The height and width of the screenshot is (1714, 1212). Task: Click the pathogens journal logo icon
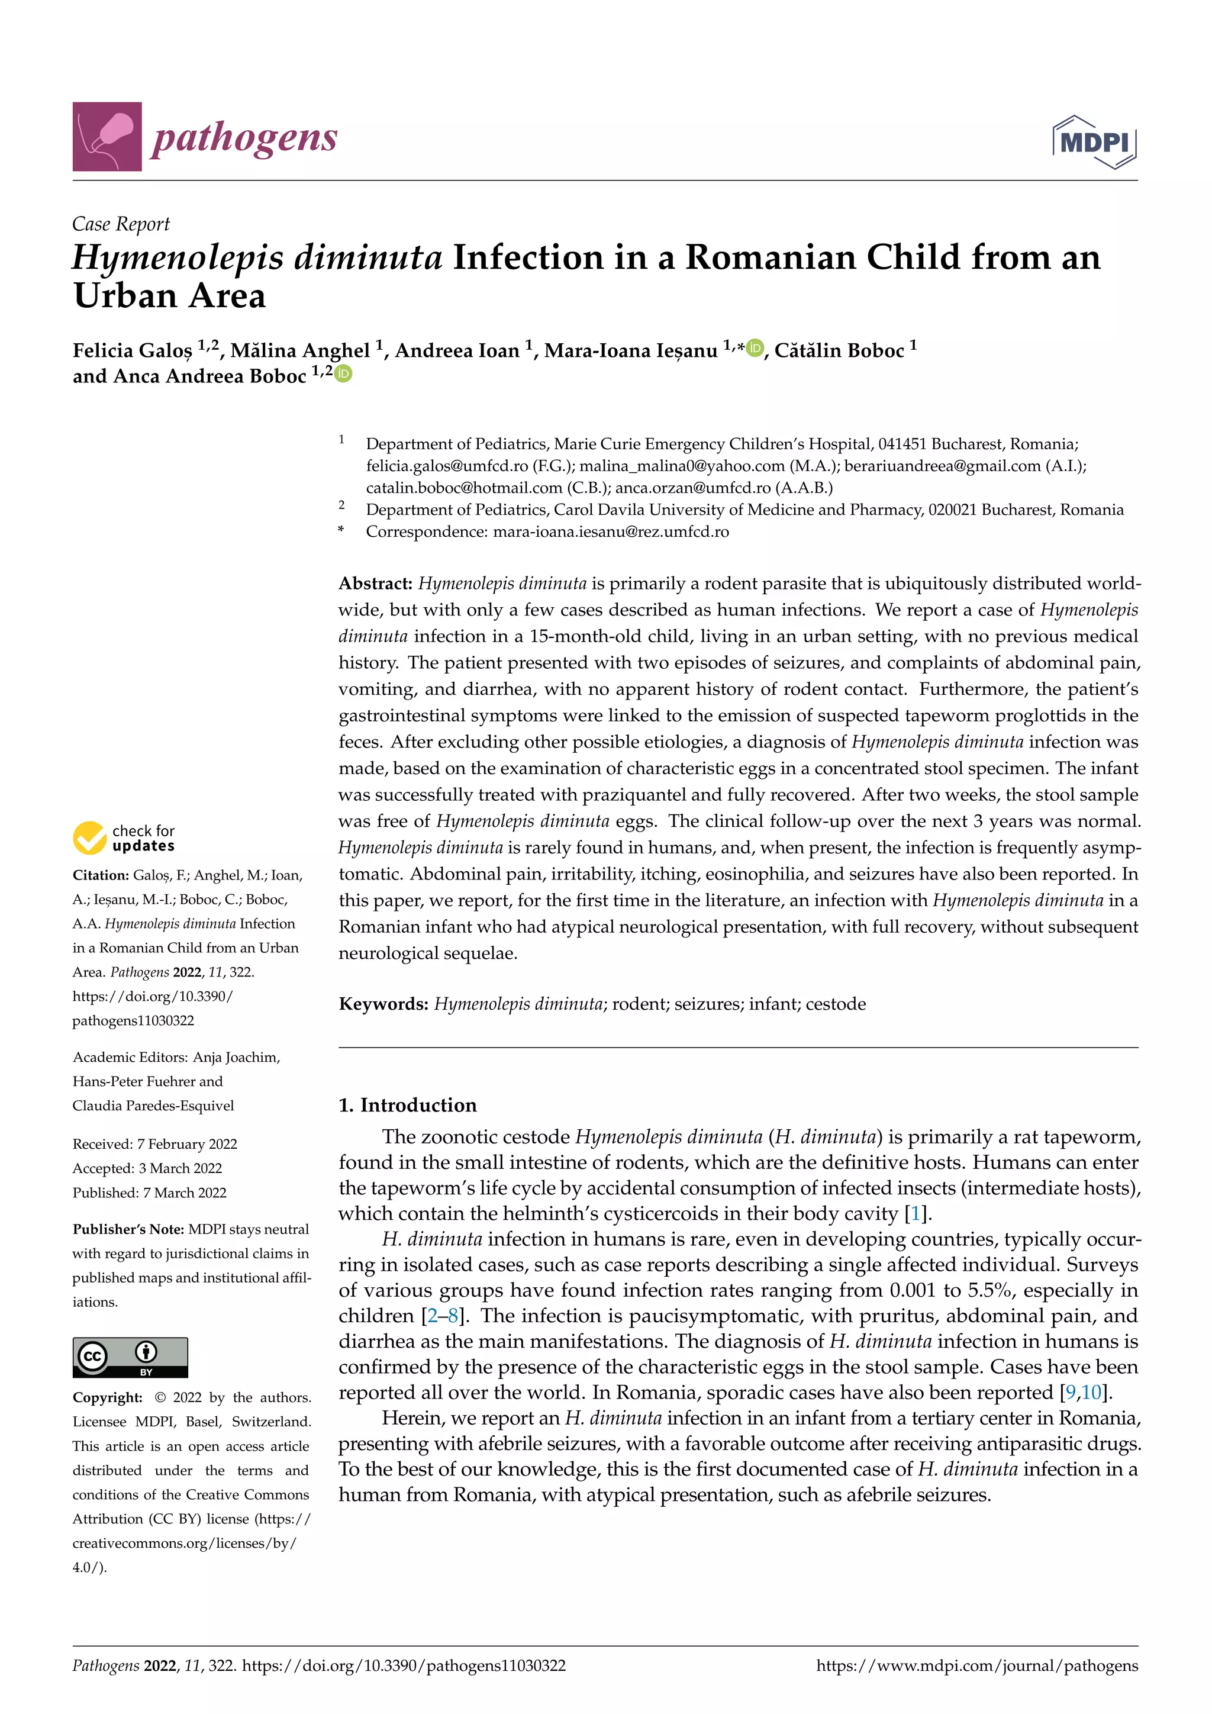pyautogui.click(x=107, y=137)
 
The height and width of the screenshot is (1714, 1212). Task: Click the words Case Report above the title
pyautogui.click(x=121, y=224)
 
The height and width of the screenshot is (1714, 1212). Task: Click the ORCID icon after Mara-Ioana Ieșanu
pyautogui.click(x=755, y=348)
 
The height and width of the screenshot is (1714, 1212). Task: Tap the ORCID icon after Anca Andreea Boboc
pyautogui.click(x=343, y=373)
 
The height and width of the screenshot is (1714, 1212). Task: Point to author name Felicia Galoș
pyautogui.click(x=132, y=351)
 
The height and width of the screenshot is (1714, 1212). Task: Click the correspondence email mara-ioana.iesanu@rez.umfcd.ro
pyautogui.click(x=611, y=531)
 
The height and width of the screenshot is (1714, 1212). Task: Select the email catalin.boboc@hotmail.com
pyautogui.click(x=463, y=488)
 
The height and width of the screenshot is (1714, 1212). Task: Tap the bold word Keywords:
pyautogui.click(x=383, y=1003)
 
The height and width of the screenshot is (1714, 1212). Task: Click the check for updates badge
pyautogui.click(x=124, y=837)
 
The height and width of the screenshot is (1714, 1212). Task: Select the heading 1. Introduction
pyautogui.click(x=408, y=1105)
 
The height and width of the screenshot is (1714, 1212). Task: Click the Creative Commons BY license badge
pyautogui.click(x=130, y=1357)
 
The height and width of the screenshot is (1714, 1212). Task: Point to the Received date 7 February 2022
pyautogui.click(x=186, y=1143)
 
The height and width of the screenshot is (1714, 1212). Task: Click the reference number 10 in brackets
pyautogui.click(x=1091, y=1392)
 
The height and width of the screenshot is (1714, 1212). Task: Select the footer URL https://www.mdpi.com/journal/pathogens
pyautogui.click(x=977, y=1665)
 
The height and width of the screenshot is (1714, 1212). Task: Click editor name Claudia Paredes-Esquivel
pyautogui.click(x=153, y=1106)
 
